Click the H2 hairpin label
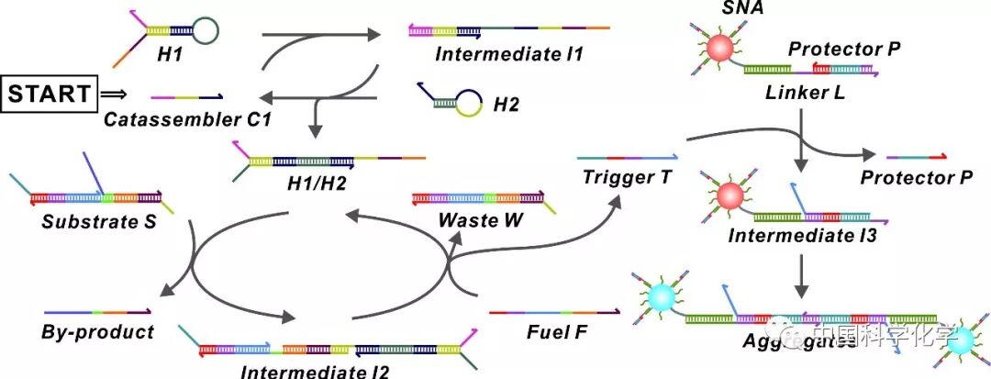point(506,106)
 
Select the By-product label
point(98,331)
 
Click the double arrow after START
point(111,93)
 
